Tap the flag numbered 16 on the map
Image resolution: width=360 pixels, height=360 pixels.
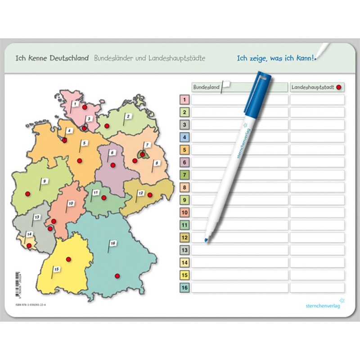[112, 244]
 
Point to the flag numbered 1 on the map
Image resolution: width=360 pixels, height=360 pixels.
[75, 104]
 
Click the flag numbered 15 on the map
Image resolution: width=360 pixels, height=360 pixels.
[56, 270]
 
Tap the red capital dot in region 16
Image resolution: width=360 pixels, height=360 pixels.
[117, 276]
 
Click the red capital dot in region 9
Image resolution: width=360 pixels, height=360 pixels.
[27, 193]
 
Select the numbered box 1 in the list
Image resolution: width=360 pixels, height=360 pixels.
[184, 99]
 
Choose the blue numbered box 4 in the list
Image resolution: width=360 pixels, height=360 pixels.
[184, 137]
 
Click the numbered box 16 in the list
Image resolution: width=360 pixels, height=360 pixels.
[184, 288]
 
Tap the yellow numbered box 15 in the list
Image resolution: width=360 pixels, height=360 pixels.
[184, 275]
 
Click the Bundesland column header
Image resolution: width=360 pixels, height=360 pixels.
[206, 87]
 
